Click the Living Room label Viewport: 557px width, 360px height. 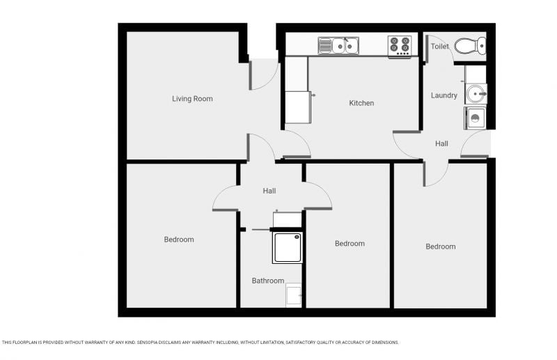(x=192, y=99)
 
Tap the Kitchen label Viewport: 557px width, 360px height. (x=361, y=103)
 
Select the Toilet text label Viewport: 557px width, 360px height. (x=440, y=46)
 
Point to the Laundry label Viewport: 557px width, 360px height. (x=444, y=95)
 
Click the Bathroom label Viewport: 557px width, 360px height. (x=268, y=281)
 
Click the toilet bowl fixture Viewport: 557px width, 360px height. (x=470, y=46)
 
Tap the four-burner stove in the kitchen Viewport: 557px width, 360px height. (x=400, y=46)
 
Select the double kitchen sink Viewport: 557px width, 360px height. (x=338, y=45)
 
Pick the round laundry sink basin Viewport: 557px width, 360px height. (x=476, y=94)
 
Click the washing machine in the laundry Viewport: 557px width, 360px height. (x=475, y=118)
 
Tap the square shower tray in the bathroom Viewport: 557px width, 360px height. (x=287, y=247)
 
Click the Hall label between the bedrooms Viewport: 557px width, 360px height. (x=269, y=191)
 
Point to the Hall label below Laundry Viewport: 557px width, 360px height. (x=441, y=143)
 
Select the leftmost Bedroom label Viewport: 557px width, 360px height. (x=179, y=240)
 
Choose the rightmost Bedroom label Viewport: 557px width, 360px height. (x=441, y=246)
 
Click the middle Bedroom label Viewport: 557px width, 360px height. (x=350, y=244)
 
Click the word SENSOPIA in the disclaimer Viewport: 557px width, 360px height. (x=148, y=343)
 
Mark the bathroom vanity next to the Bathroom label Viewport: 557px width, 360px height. (x=294, y=295)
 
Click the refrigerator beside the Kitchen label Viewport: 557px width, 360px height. (x=298, y=107)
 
